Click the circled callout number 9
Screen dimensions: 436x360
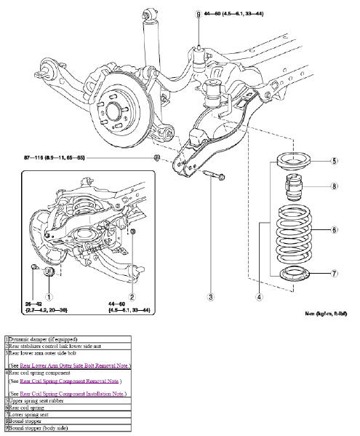(197, 14)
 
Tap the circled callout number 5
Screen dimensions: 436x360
(334, 161)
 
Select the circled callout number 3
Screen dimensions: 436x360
(210, 296)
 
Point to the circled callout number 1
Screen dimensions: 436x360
(49, 296)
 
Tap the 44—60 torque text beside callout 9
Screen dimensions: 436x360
(241, 14)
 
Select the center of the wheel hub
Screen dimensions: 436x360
(115, 111)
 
